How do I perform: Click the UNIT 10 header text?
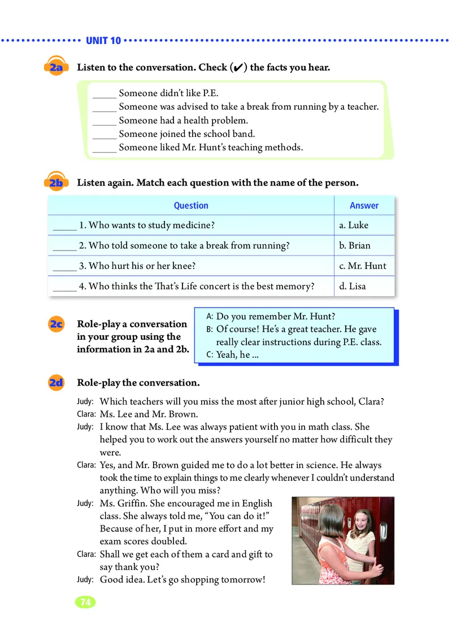coord(103,41)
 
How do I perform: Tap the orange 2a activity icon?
coord(56,67)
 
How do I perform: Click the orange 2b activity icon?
coord(56,183)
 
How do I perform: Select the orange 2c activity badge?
coord(56,325)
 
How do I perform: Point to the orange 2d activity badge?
coord(56,383)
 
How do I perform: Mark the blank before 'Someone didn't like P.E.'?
coord(104,94)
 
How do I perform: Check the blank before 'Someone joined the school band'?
coord(104,135)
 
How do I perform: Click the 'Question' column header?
coord(191,206)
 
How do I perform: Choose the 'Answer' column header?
coord(364,206)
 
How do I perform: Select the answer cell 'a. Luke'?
coord(354,225)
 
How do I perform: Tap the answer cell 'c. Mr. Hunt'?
coord(363,266)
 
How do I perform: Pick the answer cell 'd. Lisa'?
coord(353,286)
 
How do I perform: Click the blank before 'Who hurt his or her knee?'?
coord(64,266)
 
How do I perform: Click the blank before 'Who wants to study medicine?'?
coord(64,226)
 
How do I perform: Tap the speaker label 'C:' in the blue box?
coord(210,356)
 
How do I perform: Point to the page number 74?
coord(85,602)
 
